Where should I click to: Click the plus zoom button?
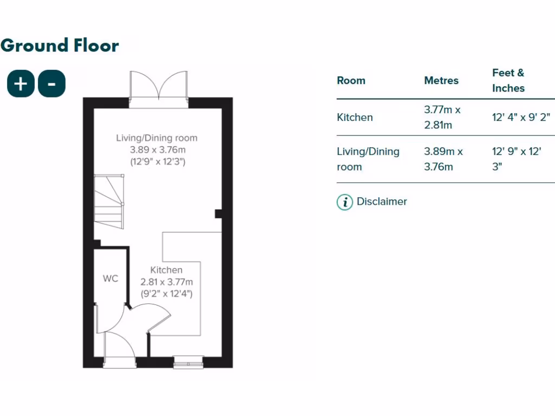(x=21, y=84)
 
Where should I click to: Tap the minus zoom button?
(x=52, y=84)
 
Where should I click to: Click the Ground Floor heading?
(x=60, y=45)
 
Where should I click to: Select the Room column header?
(x=351, y=81)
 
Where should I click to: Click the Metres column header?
(x=441, y=81)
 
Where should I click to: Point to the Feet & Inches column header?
(x=508, y=81)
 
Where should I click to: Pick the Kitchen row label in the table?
(x=355, y=118)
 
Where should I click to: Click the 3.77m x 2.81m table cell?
(x=442, y=118)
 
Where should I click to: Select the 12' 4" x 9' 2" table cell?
(x=521, y=118)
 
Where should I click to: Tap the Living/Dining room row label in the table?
(x=368, y=159)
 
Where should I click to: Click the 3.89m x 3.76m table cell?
(x=443, y=159)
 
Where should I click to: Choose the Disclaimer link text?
(x=382, y=202)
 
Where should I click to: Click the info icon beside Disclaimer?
(x=345, y=202)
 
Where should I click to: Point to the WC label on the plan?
(x=111, y=279)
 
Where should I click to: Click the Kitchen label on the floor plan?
(x=166, y=270)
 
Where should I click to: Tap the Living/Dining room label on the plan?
(x=157, y=138)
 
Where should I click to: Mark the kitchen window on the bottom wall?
(x=189, y=362)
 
